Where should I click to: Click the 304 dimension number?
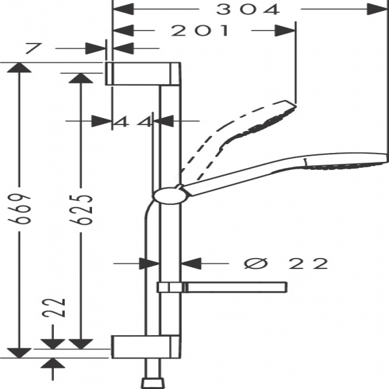[x=248, y=9]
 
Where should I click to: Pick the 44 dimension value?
[x=133, y=121]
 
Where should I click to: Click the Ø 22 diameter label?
[x=287, y=263]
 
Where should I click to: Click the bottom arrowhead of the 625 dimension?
[x=80, y=343]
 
